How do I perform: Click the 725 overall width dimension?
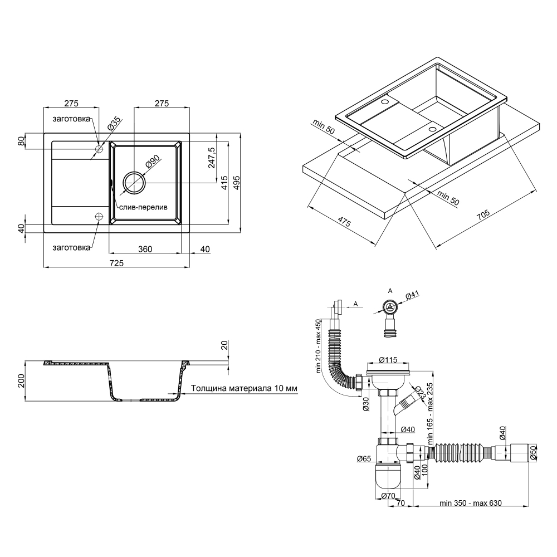coord(116,263)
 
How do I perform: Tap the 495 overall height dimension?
coord(237,183)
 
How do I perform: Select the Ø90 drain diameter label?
coord(153,163)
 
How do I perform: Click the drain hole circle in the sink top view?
coord(134,183)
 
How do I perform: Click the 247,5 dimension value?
coord(212,158)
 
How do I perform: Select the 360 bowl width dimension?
coord(145,250)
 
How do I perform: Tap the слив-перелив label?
coord(143,207)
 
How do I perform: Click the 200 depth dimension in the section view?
coord(22,381)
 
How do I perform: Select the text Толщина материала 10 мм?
coord(244,388)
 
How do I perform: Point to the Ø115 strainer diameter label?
coord(388,359)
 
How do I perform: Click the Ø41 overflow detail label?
coord(412,295)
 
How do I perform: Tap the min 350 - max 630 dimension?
coord(470,503)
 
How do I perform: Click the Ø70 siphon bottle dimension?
coord(388,496)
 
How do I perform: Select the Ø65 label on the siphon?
coord(364,458)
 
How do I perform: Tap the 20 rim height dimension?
coord(224,345)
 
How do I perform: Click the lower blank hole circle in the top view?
coord(99,216)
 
